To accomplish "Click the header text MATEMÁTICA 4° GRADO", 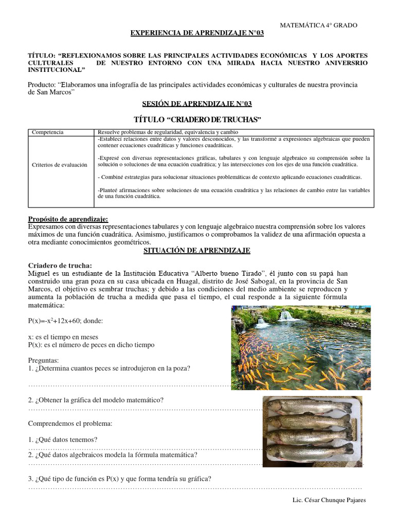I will (x=318, y=25).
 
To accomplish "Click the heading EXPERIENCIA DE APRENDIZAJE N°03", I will (x=197, y=33).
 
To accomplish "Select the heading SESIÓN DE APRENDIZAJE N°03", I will (x=197, y=104).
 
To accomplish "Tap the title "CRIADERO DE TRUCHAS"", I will (x=197, y=120).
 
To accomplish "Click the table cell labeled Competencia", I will (x=48, y=133).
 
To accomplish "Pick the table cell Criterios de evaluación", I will (x=60, y=165).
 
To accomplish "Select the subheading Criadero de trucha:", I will (x=60, y=266).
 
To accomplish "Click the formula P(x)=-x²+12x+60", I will (x=65, y=321).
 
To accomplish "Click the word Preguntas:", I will (x=44, y=361).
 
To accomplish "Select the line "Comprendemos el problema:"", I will (x=69, y=424).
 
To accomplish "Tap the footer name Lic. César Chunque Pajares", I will (x=329, y=500).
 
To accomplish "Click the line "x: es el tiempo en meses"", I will (x=63, y=337).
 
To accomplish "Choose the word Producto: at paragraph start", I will (x=41, y=84).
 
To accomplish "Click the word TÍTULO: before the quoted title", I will (x=42, y=55).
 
